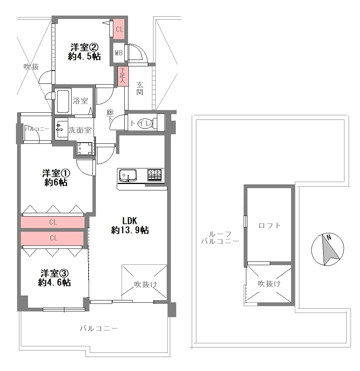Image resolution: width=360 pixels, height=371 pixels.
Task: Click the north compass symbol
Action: click(327, 249)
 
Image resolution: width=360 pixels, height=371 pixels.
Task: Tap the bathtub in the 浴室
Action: click(63, 101)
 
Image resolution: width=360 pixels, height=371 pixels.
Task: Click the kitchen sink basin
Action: click(128, 175)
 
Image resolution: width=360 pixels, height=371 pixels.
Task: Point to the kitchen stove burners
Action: click(154, 175)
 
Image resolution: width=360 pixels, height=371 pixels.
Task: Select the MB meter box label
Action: click(119, 53)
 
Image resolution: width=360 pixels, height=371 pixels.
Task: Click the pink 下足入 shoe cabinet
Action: click(123, 76)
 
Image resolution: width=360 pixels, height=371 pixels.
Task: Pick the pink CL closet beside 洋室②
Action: click(119, 29)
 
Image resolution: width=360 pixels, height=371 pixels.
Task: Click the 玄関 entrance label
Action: click(140, 88)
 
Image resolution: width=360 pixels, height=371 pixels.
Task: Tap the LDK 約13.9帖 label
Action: click(130, 225)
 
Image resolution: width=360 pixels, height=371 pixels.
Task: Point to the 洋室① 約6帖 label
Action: click(56, 178)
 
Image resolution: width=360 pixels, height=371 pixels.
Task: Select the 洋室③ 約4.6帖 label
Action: click(54, 278)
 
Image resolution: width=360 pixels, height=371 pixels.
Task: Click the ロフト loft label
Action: click(269, 225)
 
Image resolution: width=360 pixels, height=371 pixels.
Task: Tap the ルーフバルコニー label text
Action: click(220, 238)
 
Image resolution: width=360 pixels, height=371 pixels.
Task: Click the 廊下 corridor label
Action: click(110, 116)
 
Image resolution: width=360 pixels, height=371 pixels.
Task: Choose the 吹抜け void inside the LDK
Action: click(144, 281)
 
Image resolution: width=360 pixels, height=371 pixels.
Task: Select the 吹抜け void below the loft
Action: click(269, 284)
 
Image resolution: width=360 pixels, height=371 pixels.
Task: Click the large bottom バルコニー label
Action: click(99, 329)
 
